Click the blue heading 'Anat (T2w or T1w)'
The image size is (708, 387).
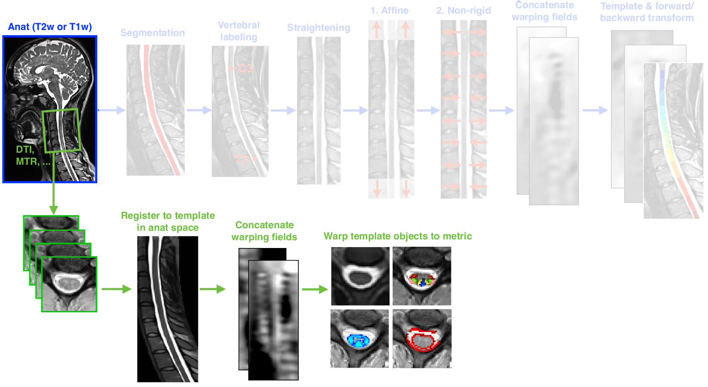click(x=50, y=27)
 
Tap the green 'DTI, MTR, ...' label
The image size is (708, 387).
click(x=30, y=155)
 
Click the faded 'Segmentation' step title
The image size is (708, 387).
click(x=153, y=33)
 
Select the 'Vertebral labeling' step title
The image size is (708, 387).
click(x=239, y=31)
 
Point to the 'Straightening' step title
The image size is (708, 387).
click(x=318, y=28)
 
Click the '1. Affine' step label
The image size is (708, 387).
click(x=389, y=11)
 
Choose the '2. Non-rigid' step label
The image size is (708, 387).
click(x=463, y=11)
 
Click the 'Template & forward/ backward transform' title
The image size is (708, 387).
click(x=646, y=12)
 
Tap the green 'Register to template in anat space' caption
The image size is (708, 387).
click(x=168, y=221)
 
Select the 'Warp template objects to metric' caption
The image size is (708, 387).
click(x=397, y=236)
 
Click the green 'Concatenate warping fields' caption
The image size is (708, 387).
click(x=264, y=231)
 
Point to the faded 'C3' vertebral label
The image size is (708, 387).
click(x=245, y=69)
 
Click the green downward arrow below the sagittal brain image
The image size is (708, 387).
click(x=53, y=197)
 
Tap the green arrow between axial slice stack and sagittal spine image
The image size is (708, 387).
click(x=116, y=289)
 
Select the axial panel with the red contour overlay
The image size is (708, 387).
click(x=422, y=339)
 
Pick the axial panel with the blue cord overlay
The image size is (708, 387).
click(x=360, y=339)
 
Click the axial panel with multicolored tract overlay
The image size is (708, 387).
click(x=422, y=276)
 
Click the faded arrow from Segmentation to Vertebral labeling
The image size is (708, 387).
click(x=198, y=110)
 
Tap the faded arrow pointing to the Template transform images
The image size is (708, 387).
click(x=595, y=110)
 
